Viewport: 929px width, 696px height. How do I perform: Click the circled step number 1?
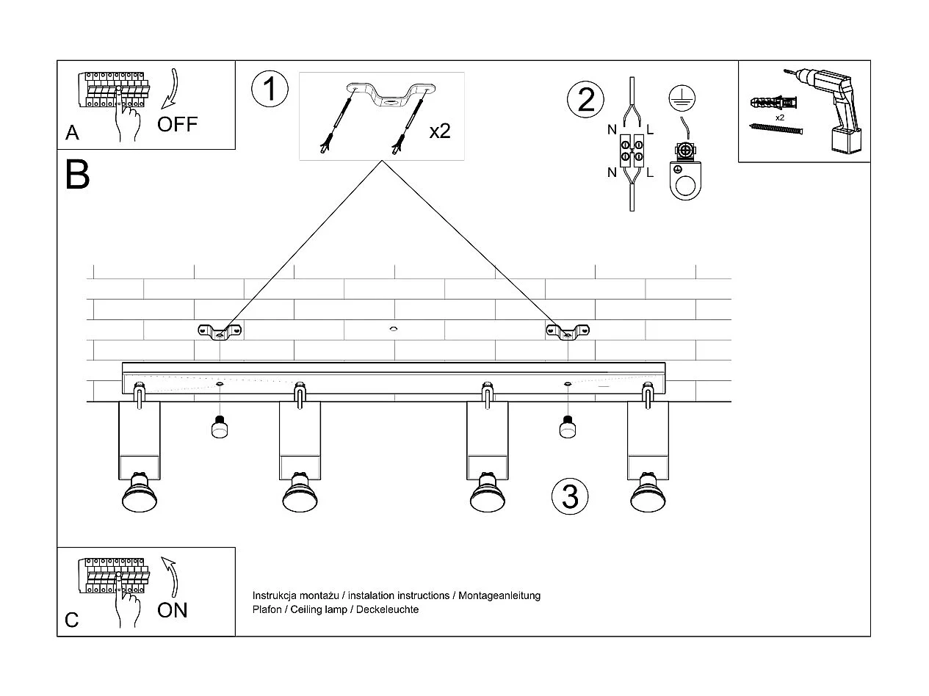[270, 89]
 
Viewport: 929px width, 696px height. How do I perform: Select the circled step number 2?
[586, 99]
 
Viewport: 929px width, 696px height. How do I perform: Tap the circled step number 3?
[570, 497]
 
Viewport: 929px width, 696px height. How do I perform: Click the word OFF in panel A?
[177, 123]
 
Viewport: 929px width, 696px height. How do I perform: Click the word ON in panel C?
[173, 609]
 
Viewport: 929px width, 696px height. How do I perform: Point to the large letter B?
[77, 175]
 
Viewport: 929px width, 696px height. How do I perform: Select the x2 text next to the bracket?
[439, 131]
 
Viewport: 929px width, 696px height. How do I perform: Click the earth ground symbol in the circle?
[682, 98]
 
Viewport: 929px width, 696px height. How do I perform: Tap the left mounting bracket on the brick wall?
[220, 332]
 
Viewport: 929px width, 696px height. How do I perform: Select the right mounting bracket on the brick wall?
[568, 332]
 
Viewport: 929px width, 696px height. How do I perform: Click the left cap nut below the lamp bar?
[219, 427]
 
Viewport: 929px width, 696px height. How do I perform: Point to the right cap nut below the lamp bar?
[566, 427]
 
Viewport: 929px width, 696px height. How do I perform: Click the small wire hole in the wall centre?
[394, 329]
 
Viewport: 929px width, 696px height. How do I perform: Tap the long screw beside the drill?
[776, 129]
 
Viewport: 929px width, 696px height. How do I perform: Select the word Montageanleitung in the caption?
[499, 595]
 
